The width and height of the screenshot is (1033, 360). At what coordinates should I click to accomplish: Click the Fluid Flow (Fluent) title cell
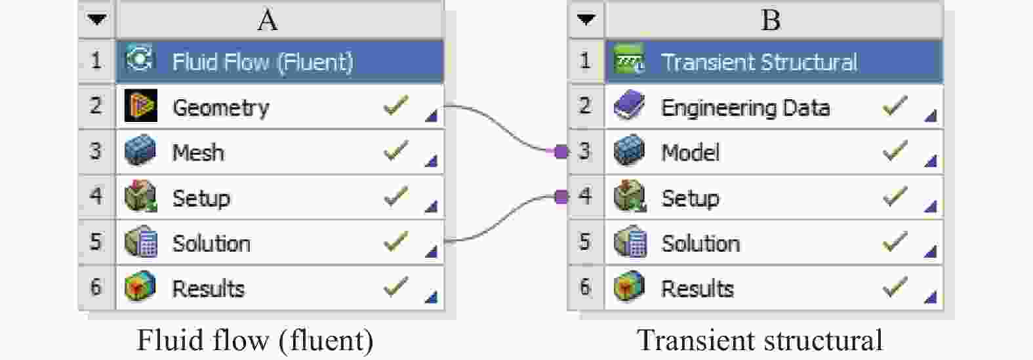click(262, 62)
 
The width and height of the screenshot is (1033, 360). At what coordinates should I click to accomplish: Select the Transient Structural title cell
click(759, 62)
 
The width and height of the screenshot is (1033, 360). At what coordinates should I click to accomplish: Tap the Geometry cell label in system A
click(220, 108)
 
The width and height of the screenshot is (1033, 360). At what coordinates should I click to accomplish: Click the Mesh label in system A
click(198, 153)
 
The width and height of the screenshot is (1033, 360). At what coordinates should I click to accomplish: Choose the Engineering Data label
click(745, 108)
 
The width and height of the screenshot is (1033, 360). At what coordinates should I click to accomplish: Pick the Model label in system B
click(690, 153)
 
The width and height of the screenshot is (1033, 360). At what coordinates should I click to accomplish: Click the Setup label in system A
click(201, 198)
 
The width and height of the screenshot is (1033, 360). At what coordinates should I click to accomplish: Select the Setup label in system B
click(690, 198)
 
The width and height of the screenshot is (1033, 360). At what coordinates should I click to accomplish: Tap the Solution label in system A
click(211, 243)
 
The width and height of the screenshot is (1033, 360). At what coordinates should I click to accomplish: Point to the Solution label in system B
click(700, 243)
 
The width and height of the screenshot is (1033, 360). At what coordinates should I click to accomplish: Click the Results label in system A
click(208, 289)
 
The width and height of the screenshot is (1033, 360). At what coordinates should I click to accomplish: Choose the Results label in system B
click(697, 289)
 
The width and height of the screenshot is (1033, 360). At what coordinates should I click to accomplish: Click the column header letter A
click(267, 20)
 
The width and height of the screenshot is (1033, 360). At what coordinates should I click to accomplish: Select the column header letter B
click(771, 20)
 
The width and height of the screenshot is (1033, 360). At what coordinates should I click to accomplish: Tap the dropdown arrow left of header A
click(97, 19)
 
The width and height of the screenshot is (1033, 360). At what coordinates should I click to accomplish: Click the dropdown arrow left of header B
click(586, 19)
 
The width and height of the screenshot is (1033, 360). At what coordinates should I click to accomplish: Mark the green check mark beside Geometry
click(395, 106)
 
